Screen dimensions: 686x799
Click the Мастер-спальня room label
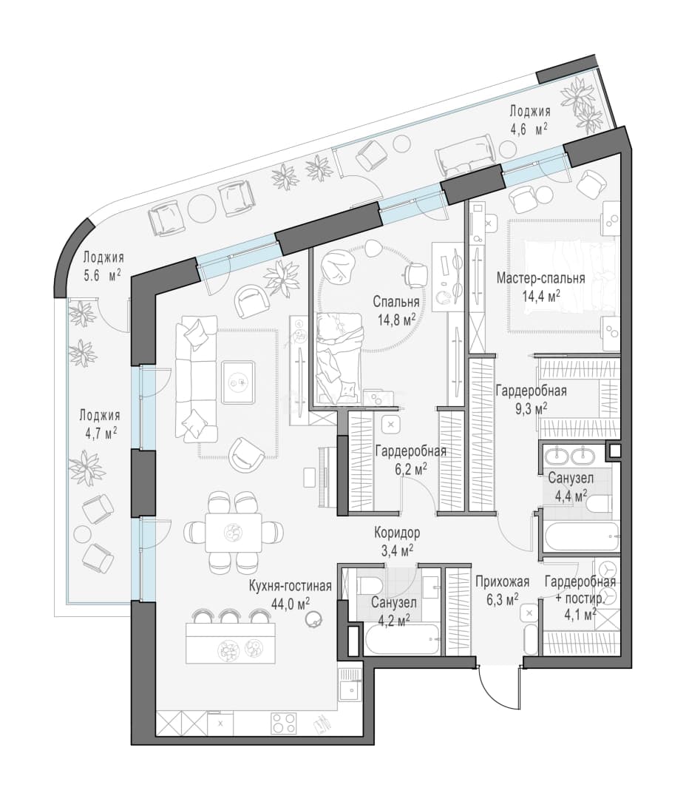540,279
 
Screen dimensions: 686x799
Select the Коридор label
397,533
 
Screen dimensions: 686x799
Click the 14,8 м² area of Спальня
396,320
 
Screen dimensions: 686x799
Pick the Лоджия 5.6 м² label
103,266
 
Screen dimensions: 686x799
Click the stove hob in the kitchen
284,723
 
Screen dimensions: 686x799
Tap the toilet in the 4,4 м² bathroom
599,505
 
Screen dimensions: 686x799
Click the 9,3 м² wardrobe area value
532,408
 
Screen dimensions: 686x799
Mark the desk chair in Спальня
415,274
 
